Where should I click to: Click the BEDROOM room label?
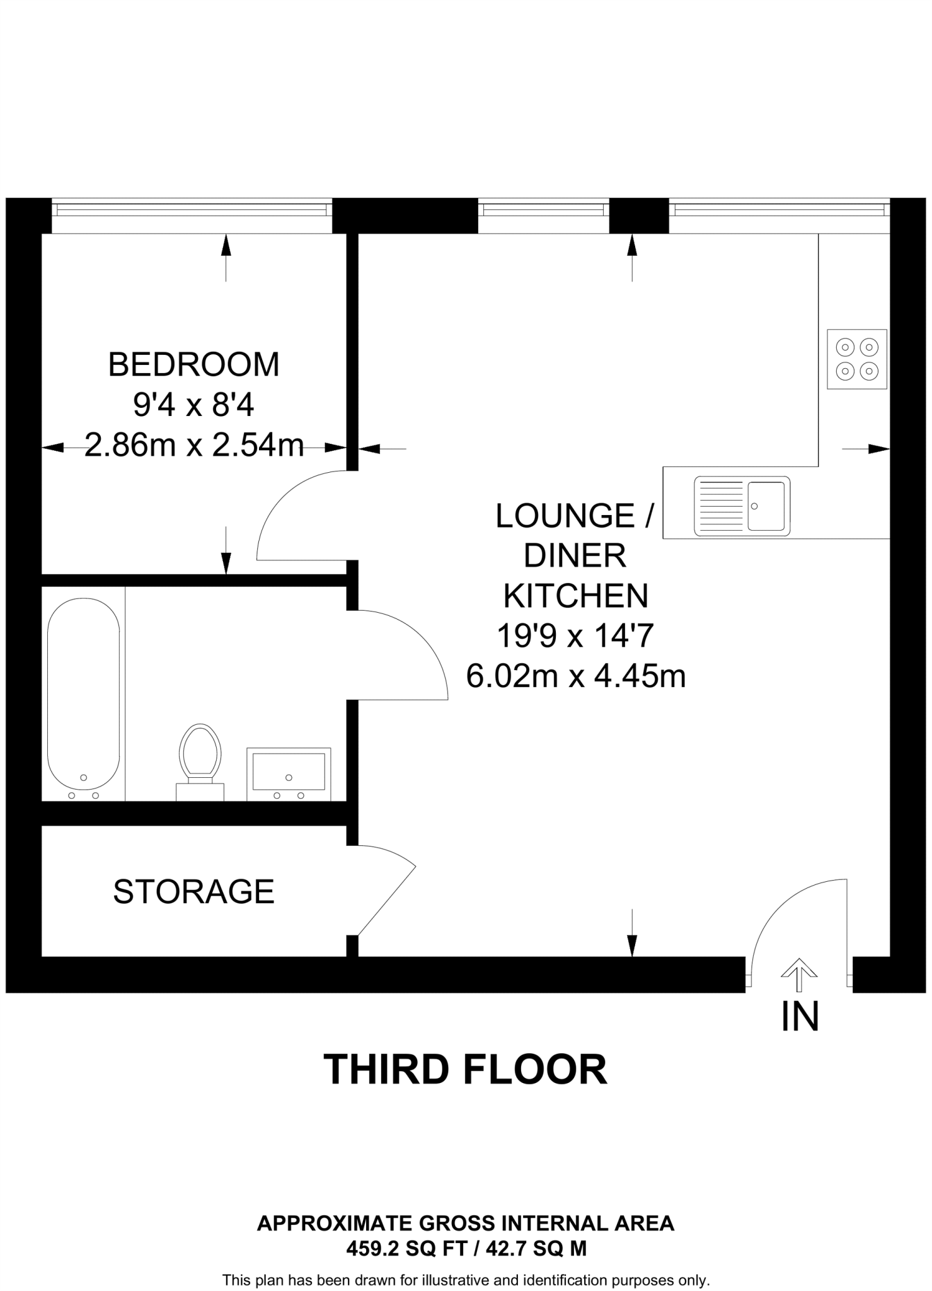(193, 365)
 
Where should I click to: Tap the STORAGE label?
(193, 892)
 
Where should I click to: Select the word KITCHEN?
(575, 596)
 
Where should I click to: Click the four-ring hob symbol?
(856, 359)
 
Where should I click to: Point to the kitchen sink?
(742, 506)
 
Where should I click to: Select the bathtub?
(84, 693)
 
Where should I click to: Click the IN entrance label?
(800, 1017)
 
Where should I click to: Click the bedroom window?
(192, 209)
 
